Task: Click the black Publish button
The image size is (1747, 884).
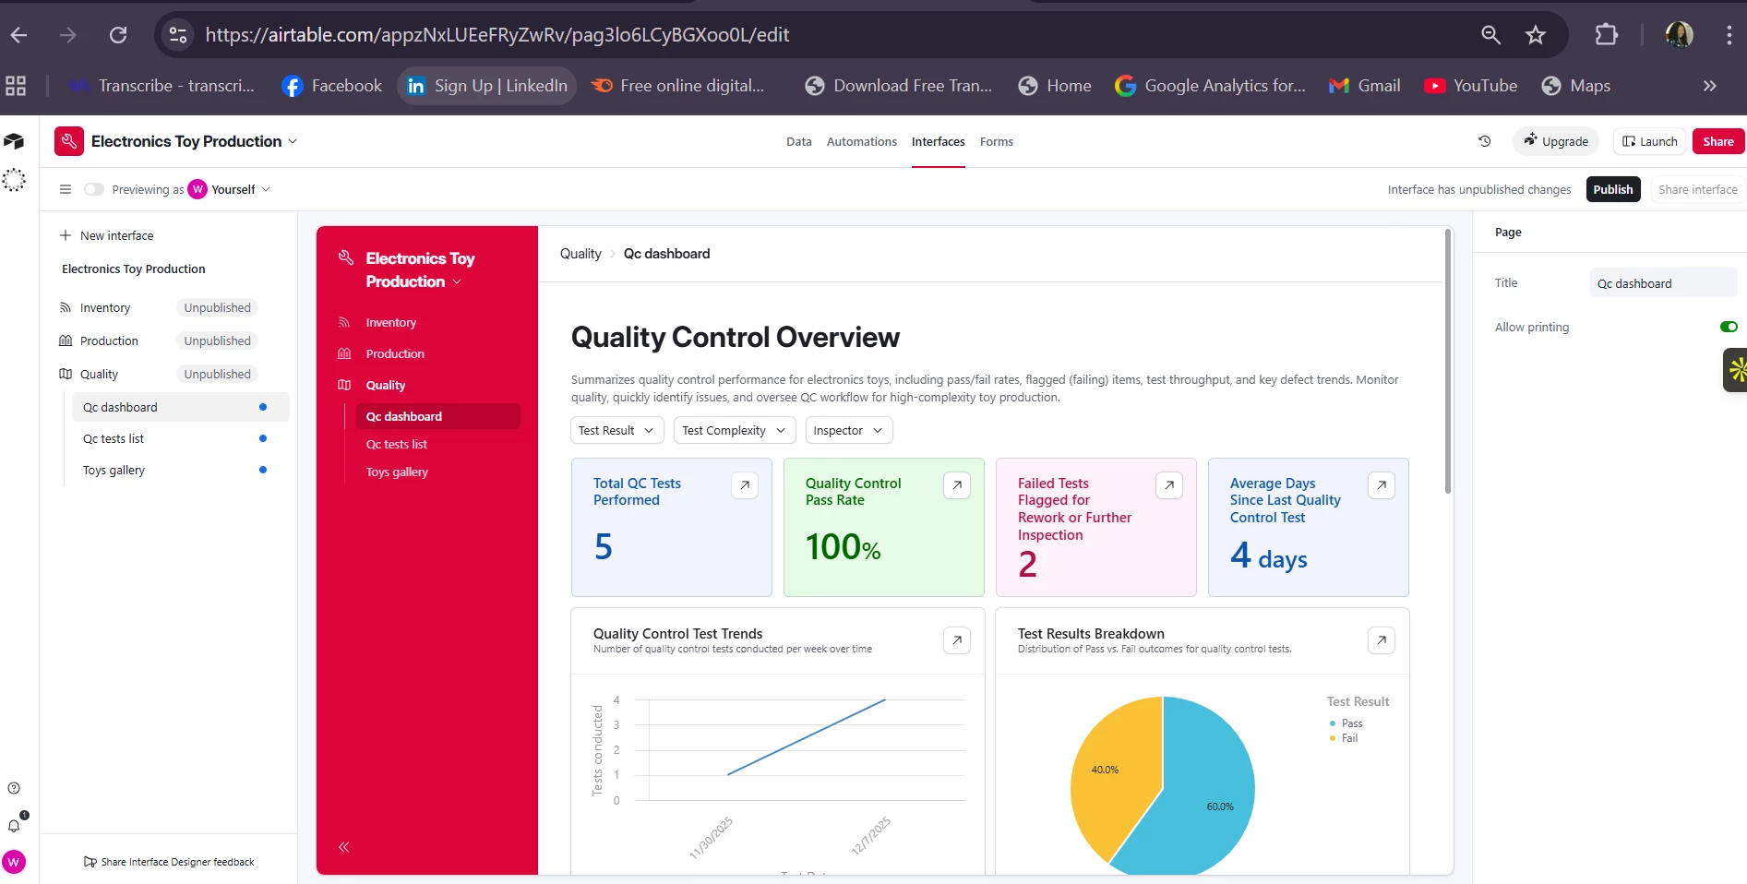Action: [1612, 189]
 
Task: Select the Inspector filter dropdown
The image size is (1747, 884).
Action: [848, 431]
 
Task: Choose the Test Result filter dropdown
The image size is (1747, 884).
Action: [616, 431]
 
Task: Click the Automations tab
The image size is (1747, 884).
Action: [861, 142]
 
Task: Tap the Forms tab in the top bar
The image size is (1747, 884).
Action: [996, 142]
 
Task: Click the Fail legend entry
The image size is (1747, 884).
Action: [1349, 738]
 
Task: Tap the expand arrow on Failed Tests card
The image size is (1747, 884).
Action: [1168, 485]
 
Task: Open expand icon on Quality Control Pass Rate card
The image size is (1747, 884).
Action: [956, 485]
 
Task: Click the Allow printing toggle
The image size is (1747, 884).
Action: [1728, 327]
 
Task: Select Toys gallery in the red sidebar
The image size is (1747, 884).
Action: [397, 472]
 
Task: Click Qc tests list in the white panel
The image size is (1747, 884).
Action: [114, 439]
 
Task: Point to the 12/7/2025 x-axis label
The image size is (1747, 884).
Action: [871, 835]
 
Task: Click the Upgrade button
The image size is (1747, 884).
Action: [1556, 142]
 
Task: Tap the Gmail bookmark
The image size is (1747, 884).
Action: [1365, 86]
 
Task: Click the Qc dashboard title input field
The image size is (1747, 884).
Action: [1662, 283]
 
